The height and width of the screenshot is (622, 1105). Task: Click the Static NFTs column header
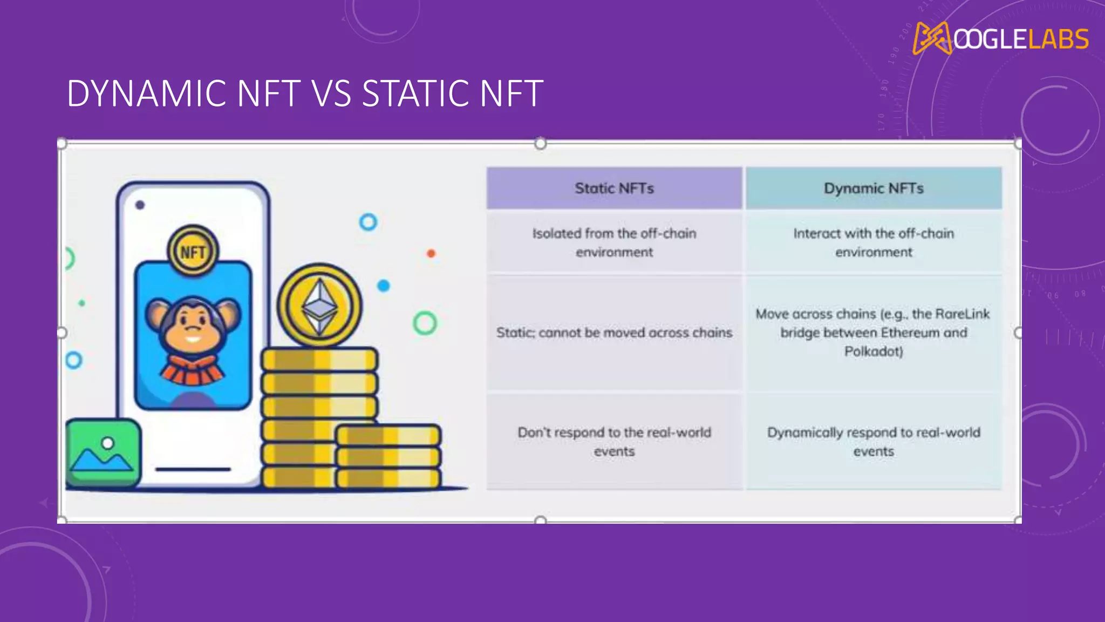coord(614,188)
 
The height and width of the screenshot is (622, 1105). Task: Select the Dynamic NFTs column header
coord(874,188)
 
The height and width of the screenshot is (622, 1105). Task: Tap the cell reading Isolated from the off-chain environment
coord(614,242)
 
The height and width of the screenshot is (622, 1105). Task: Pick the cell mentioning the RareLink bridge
coord(873,332)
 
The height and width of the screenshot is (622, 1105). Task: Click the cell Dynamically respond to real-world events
coord(873,442)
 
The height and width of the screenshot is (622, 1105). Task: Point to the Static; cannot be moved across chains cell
coord(614,333)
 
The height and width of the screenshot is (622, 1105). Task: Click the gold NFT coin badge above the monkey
coord(193,252)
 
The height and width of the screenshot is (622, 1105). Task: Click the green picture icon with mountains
coord(103,452)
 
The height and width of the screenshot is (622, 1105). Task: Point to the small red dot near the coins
coord(431,253)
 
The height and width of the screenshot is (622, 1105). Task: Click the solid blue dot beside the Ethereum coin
coord(383,286)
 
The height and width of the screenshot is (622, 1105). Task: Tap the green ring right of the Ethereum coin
coord(425,323)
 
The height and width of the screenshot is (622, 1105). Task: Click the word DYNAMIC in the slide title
coord(146,94)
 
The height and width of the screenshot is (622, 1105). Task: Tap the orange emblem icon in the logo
coord(932,38)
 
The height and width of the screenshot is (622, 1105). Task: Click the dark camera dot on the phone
coord(140,205)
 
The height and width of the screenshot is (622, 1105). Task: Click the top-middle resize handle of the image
coord(540,144)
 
